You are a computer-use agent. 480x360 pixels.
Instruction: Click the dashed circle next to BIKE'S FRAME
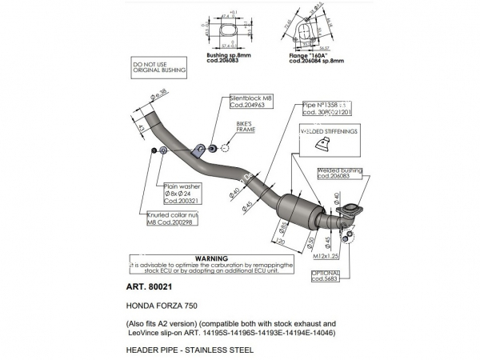(x=225, y=147)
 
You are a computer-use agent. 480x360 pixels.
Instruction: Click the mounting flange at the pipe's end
(x=350, y=212)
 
